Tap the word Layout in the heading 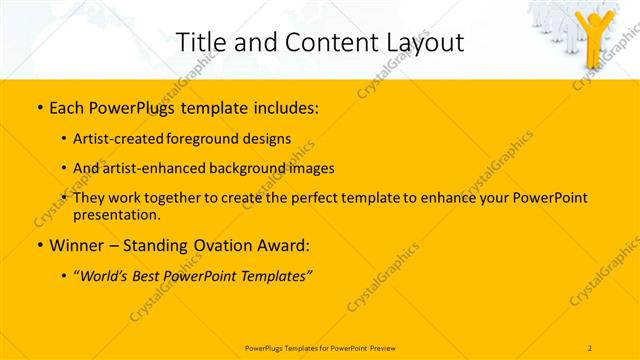pyautogui.click(x=421, y=42)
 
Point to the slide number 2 pyautogui.click(x=590, y=347)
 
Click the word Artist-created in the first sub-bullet pyautogui.click(x=111, y=138)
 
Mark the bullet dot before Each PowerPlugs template pyautogui.click(x=39, y=107)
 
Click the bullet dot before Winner pyautogui.click(x=39, y=244)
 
